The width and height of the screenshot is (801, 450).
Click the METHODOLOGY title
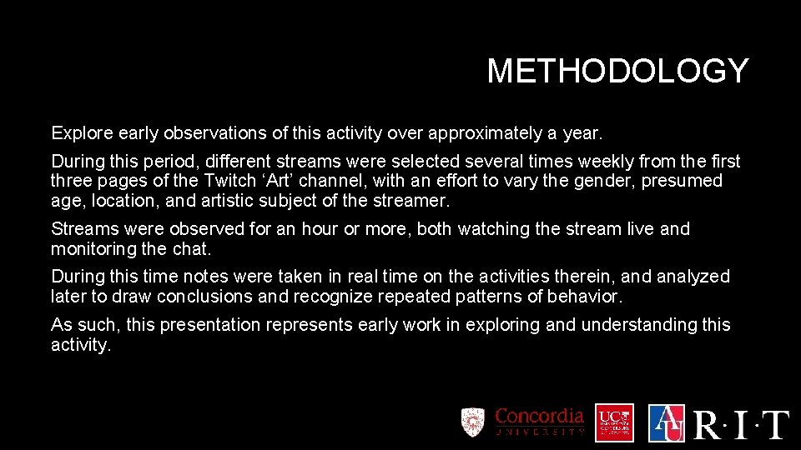click(x=617, y=72)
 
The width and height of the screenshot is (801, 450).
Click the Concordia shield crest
click(x=473, y=422)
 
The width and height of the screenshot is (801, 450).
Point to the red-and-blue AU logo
click(x=666, y=422)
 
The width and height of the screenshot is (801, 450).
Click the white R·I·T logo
click(x=741, y=424)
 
